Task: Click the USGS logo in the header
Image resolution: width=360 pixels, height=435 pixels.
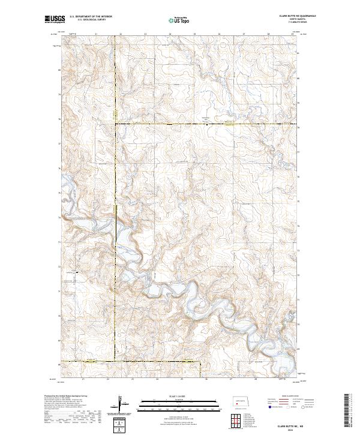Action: point(54,19)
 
